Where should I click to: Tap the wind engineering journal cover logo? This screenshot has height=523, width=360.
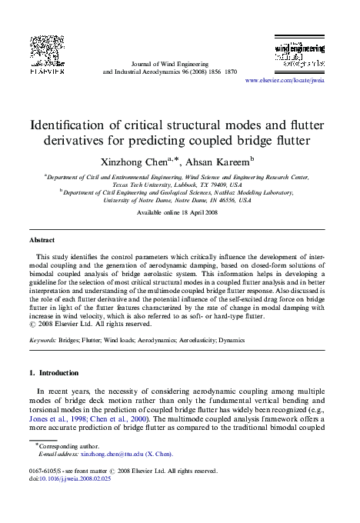click(299, 52)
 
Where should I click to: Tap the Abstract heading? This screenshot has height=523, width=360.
click(42, 240)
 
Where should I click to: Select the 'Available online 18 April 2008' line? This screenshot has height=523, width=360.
click(180, 212)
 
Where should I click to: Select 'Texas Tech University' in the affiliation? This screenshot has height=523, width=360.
click(146, 185)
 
